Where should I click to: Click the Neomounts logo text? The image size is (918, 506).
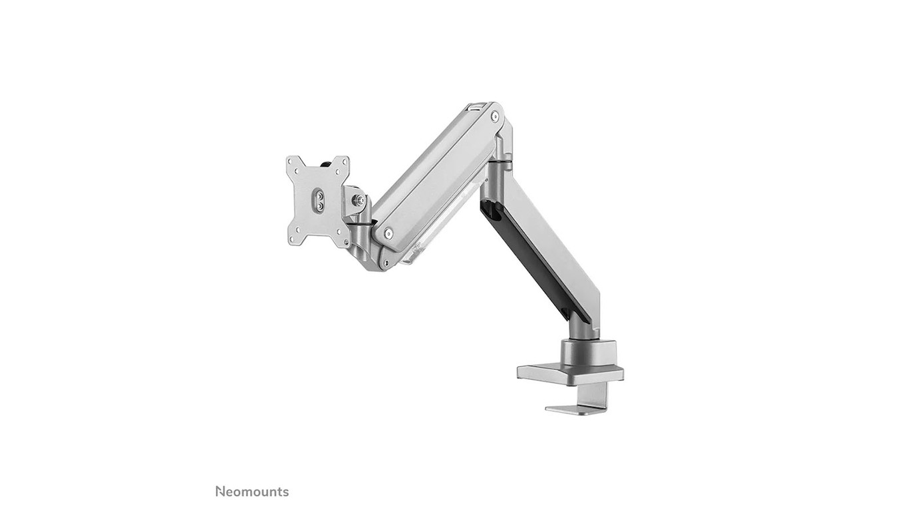tap(252, 491)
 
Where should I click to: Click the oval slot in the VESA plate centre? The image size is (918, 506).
tap(319, 200)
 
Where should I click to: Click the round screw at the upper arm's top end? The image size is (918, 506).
tap(495, 116)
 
